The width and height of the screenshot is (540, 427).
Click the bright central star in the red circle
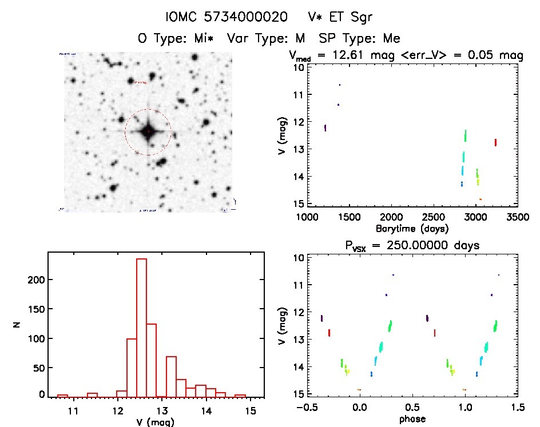point(148,131)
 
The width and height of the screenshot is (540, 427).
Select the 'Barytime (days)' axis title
point(412,228)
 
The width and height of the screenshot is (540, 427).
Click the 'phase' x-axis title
point(412,418)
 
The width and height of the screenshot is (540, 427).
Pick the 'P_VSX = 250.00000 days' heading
point(412,245)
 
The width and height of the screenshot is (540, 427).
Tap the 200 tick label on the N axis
point(35,280)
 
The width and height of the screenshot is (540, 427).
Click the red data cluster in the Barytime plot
point(495,142)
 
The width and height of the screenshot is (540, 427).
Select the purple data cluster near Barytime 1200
point(325,127)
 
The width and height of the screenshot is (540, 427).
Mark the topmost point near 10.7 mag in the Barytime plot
point(339,85)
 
